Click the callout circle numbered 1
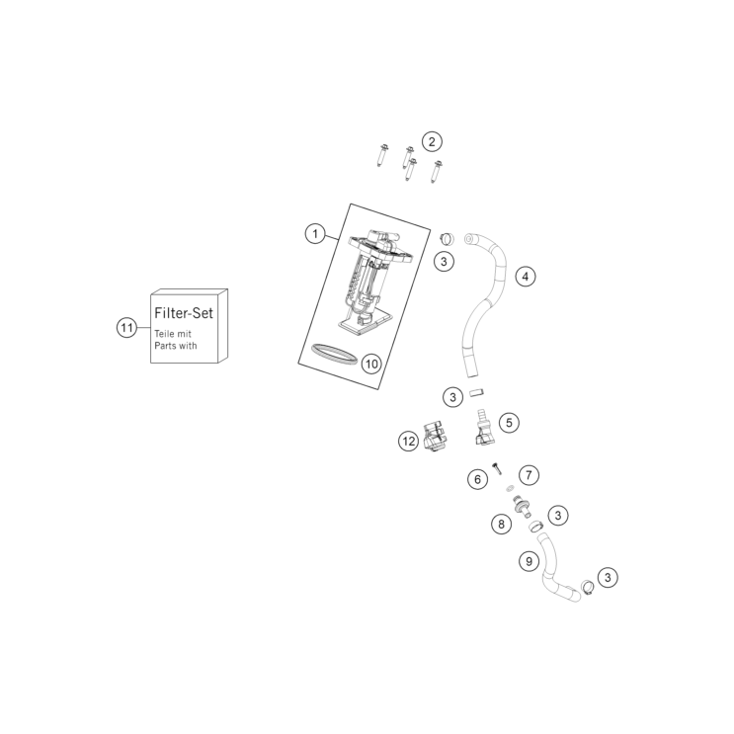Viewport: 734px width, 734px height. tap(315, 233)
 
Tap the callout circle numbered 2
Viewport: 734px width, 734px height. tap(432, 141)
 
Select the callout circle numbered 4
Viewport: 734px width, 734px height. tap(526, 277)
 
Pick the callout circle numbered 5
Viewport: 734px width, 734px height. tap(509, 423)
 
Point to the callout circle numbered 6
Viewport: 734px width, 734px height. tap(477, 479)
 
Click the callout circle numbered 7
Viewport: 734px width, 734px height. tap(529, 475)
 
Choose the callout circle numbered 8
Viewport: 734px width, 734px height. tap(501, 524)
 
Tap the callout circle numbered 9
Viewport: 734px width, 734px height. tap(529, 561)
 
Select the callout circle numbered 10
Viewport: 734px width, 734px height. tap(371, 364)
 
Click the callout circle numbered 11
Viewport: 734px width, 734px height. tap(126, 327)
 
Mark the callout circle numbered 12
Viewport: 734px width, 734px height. tap(409, 441)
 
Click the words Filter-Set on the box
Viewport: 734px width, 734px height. tap(184, 313)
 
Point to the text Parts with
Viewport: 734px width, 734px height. tap(176, 346)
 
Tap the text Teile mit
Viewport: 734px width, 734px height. tap(173, 334)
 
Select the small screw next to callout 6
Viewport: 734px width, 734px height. tap(497, 467)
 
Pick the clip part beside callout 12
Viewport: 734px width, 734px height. tap(436, 436)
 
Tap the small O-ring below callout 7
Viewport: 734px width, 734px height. tap(509, 489)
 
